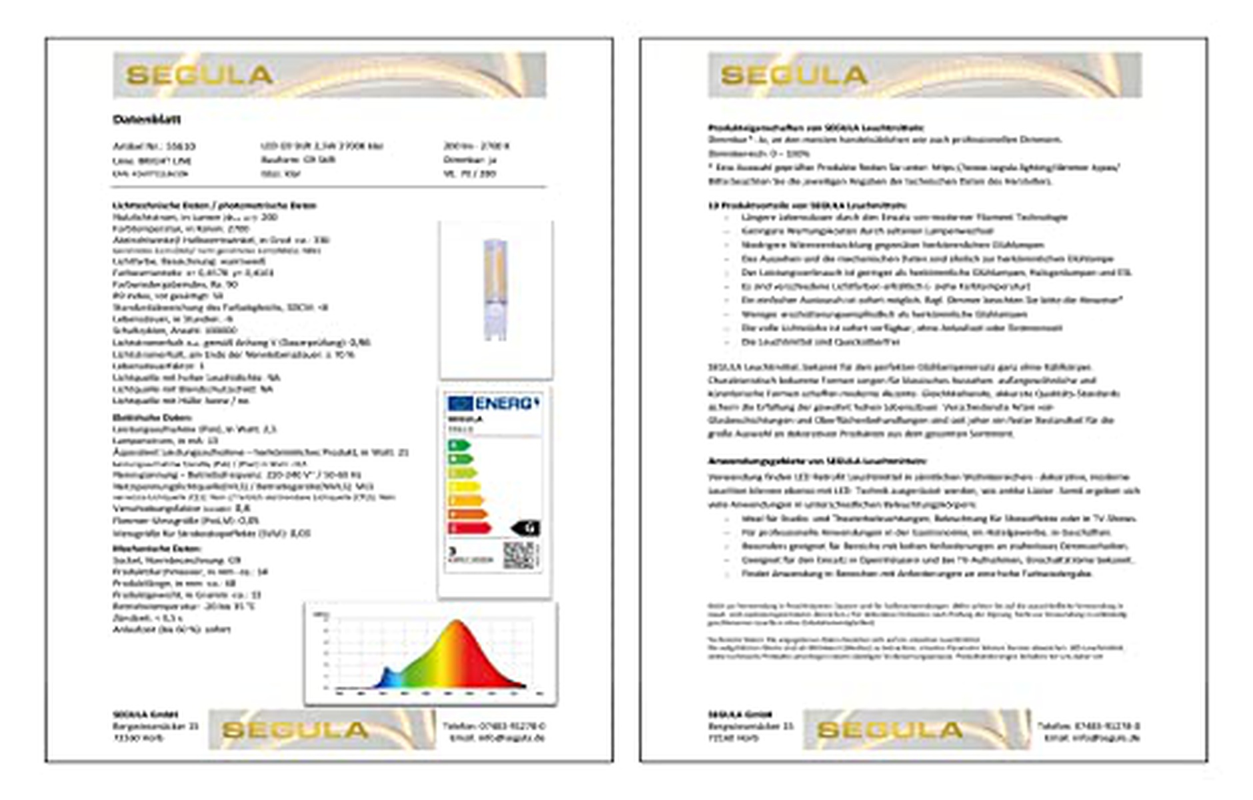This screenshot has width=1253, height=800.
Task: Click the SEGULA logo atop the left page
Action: coord(199,75)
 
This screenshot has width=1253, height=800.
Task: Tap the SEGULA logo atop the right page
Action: coord(794,75)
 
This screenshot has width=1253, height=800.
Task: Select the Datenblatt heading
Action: coord(147,119)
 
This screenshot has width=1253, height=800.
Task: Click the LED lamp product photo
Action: coord(495,290)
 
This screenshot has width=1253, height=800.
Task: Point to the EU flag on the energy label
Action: coord(461,403)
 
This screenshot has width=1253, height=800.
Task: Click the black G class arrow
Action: coord(527,529)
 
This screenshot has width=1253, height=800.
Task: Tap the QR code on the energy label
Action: coord(521,555)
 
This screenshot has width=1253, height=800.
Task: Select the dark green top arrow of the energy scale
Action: coord(459,445)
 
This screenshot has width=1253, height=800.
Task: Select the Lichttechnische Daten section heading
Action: coord(214,205)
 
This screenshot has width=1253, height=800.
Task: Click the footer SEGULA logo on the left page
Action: coord(295,729)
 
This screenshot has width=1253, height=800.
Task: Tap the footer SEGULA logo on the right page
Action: coord(890,729)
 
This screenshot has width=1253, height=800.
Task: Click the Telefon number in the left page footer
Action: coord(494,725)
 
